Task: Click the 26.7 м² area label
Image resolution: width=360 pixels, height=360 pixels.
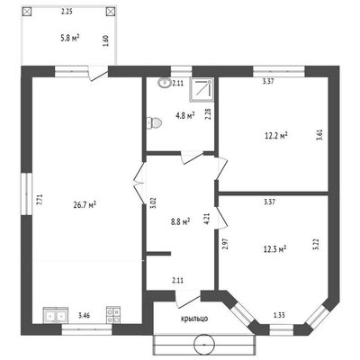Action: point(85,205)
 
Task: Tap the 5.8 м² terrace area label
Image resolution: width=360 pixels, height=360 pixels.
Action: point(70,38)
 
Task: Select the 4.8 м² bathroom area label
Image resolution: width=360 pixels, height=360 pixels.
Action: point(185,115)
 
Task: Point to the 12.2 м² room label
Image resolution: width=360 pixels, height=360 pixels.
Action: point(276,136)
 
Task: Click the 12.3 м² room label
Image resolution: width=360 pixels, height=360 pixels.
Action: point(274,249)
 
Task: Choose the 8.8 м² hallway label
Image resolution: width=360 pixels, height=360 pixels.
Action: point(180,222)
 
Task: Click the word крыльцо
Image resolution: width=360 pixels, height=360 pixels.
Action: point(194,319)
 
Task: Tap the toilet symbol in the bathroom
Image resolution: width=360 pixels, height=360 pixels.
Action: point(154,122)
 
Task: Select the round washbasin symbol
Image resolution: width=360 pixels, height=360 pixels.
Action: point(164,83)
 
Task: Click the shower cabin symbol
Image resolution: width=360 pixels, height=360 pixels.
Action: point(202,89)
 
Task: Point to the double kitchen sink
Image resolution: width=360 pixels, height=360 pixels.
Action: point(56,315)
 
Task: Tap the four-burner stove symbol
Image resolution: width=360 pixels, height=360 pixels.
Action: point(113,315)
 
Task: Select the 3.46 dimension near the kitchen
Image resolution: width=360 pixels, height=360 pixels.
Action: point(85,315)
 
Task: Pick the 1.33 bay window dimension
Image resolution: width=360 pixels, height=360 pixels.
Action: point(279,315)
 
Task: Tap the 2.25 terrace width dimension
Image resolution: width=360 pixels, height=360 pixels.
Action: point(67,12)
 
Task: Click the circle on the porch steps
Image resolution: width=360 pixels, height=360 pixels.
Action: point(204,345)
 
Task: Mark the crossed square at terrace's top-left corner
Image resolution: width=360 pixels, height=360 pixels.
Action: point(27,12)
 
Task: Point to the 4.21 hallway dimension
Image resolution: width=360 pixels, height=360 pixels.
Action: point(206,219)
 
